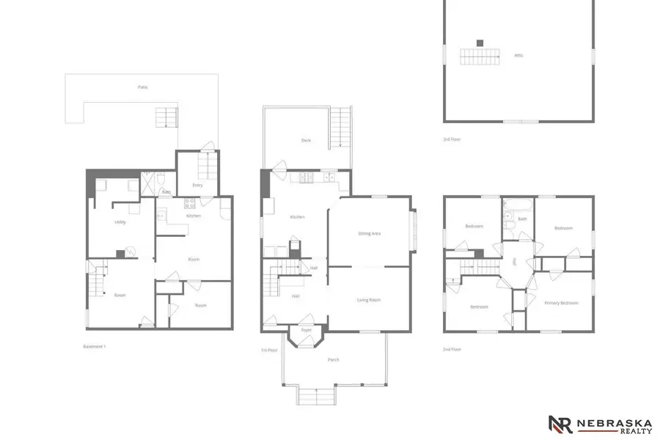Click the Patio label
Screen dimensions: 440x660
click(143, 87)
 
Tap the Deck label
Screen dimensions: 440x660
click(306, 140)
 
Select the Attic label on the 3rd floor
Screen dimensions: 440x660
click(518, 55)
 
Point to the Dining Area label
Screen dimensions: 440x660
click(369, 233)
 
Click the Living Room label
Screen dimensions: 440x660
click(368, 299)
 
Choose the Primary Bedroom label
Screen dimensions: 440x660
click(562, 303)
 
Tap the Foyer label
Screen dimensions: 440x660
click(307, 330)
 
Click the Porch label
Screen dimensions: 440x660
click(333, 359)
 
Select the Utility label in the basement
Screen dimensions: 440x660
click(120, 221)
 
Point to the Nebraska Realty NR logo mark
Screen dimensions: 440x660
click(561, 424)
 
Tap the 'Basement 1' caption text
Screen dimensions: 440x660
click(95, 345)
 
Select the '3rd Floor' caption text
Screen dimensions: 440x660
click(453, 139)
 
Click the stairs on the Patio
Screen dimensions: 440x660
click(166, 117)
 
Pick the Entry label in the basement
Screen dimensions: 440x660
click(197, 185)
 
